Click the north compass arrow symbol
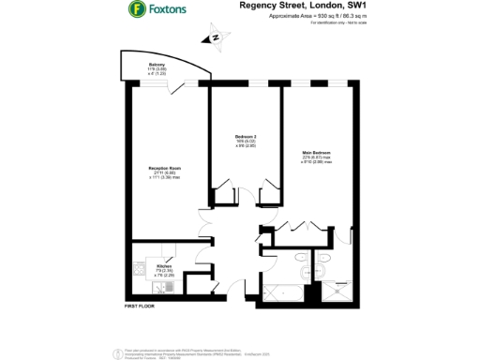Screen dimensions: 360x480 (215, 37)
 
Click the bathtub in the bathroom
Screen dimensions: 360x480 (281, 292)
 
